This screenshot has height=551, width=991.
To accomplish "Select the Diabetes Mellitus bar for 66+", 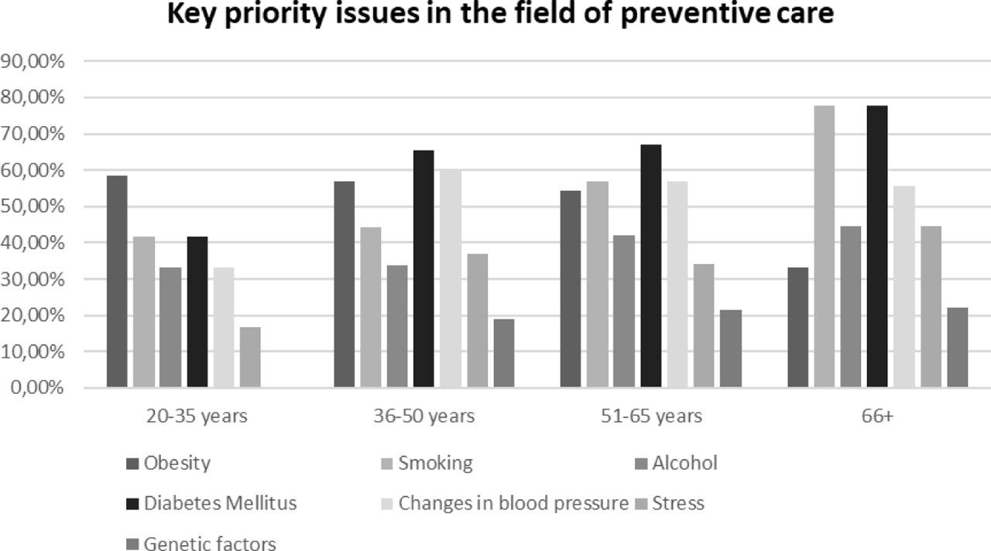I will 877,247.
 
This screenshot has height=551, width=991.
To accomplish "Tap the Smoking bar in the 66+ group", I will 824,247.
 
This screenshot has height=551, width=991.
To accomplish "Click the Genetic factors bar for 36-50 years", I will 503,353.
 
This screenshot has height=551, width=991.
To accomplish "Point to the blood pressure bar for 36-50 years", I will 451,279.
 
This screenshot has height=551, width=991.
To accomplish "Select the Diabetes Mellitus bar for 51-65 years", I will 650,266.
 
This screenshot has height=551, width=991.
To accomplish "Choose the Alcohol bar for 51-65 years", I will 624,311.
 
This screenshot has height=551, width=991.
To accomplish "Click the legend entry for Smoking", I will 434,464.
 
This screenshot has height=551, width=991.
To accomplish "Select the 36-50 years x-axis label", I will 423,416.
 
